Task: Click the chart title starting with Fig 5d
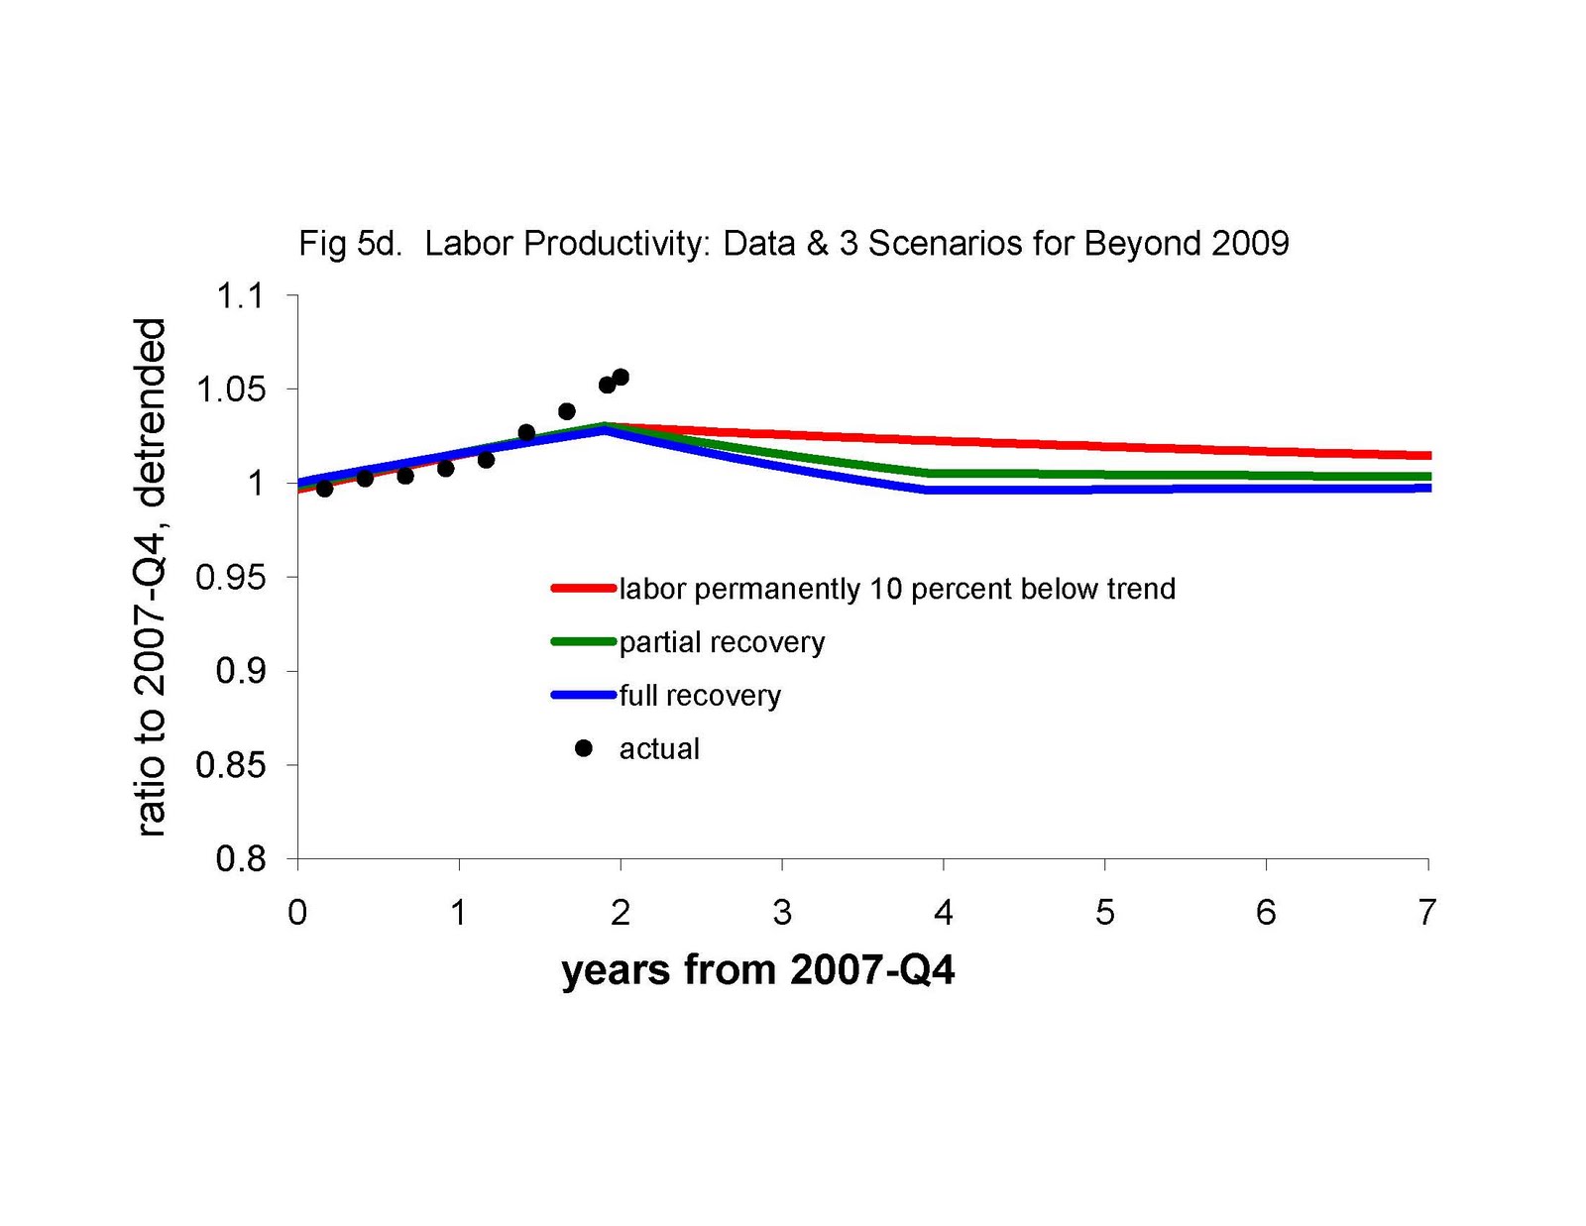click(793, 244)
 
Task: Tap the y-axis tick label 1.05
click(231, 390)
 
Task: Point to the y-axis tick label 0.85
click(231, 765)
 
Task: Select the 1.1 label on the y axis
click(241, 296)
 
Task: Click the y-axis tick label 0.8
click(241, 859)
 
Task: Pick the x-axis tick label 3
click(782, 913)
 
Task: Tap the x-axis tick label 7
click(1426, 913)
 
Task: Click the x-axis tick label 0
click(297, 913)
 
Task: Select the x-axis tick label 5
click(1104, 913)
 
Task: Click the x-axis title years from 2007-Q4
click(757, 970)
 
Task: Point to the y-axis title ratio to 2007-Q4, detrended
click(151, 577)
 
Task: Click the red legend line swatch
click(583, 589)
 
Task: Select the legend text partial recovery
click(722, 642)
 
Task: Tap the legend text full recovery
click(700, 696)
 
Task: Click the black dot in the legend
click(584, 749)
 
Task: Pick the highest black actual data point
click(621, 377)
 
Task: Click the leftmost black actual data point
click(324, 489)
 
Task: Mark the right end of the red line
click(1427, 456)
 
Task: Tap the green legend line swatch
click(583, 642)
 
